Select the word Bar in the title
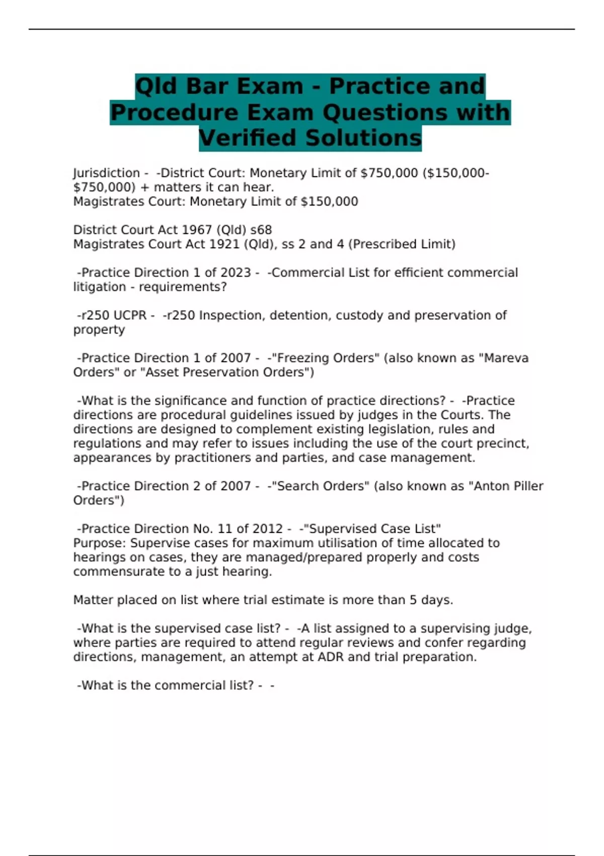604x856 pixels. click(x=206, y=86)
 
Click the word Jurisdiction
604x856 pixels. click(x=106, y=173)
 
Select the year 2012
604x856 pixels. click(x=267, y=529)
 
